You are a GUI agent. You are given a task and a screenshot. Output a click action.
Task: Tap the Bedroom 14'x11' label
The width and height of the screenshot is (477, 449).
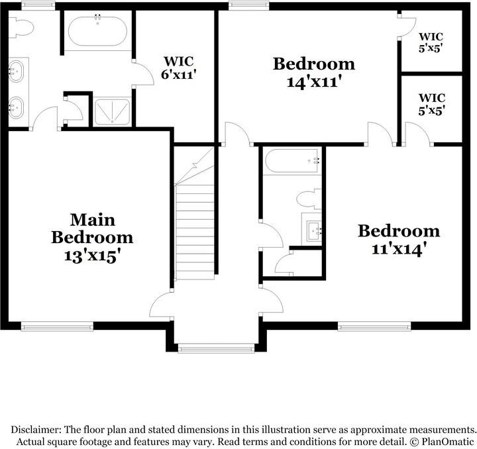[x=314, y=73]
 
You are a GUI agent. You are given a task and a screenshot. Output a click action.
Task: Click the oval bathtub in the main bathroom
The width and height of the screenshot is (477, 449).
[x=97, y=30]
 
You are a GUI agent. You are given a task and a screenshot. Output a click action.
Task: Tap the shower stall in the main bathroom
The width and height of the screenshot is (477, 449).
[x=113, y=111]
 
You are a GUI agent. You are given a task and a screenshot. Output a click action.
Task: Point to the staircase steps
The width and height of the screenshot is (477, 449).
[x=195, y=232]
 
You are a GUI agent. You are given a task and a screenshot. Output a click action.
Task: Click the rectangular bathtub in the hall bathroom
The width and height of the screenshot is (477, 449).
[x=291, y=161]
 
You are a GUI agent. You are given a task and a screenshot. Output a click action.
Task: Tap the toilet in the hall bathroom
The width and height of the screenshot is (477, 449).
[x=307, y=199]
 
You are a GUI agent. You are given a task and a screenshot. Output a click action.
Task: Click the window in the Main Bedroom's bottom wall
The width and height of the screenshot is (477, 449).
[x=57, y=325]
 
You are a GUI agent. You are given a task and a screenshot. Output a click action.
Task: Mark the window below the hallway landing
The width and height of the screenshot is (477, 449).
[x=216, y=348]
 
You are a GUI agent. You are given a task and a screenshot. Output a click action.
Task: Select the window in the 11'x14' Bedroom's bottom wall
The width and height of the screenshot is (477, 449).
[x=374, y=325]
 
